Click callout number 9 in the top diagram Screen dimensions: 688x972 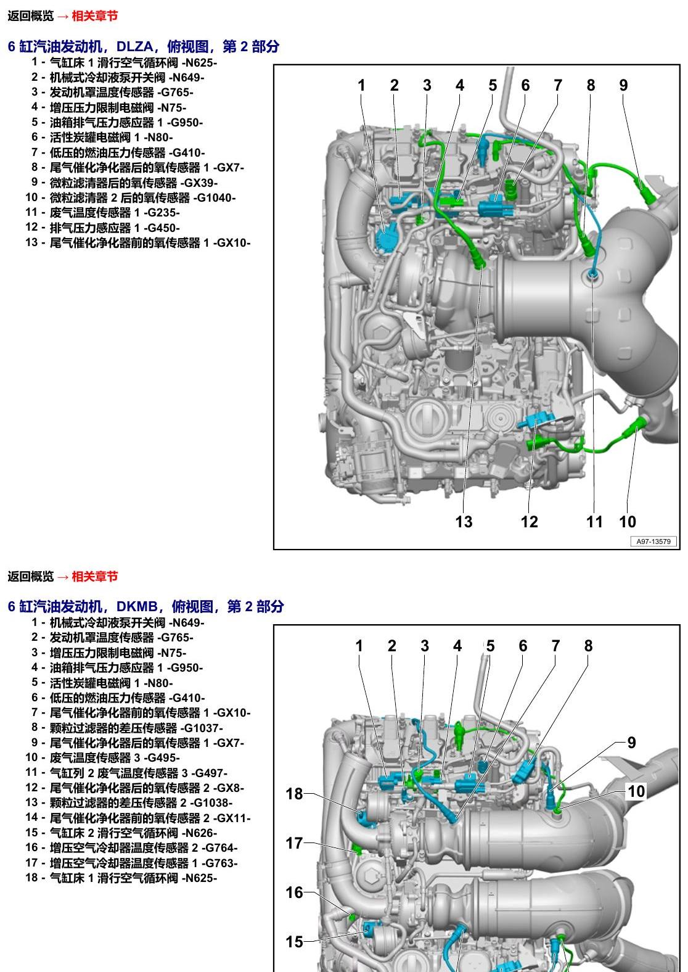pos(623,85)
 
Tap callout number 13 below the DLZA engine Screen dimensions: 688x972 pos(464,522)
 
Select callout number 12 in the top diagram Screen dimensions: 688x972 pos(529,522)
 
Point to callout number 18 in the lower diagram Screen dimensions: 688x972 pos(294,794)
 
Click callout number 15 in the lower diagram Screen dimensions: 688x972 pos(294,942)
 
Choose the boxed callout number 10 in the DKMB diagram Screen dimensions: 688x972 pos(636,791)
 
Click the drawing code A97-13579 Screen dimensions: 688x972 pos(653,541)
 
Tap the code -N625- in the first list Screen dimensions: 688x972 pos(199,63)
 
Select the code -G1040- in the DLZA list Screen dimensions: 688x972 pos(215,198)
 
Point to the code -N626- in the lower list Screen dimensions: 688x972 pos(199,833)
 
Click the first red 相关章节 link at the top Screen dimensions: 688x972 pos(94,16)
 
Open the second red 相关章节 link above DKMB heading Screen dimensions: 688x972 pos(94,576)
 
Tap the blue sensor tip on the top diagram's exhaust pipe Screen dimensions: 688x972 pos(593,273)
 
